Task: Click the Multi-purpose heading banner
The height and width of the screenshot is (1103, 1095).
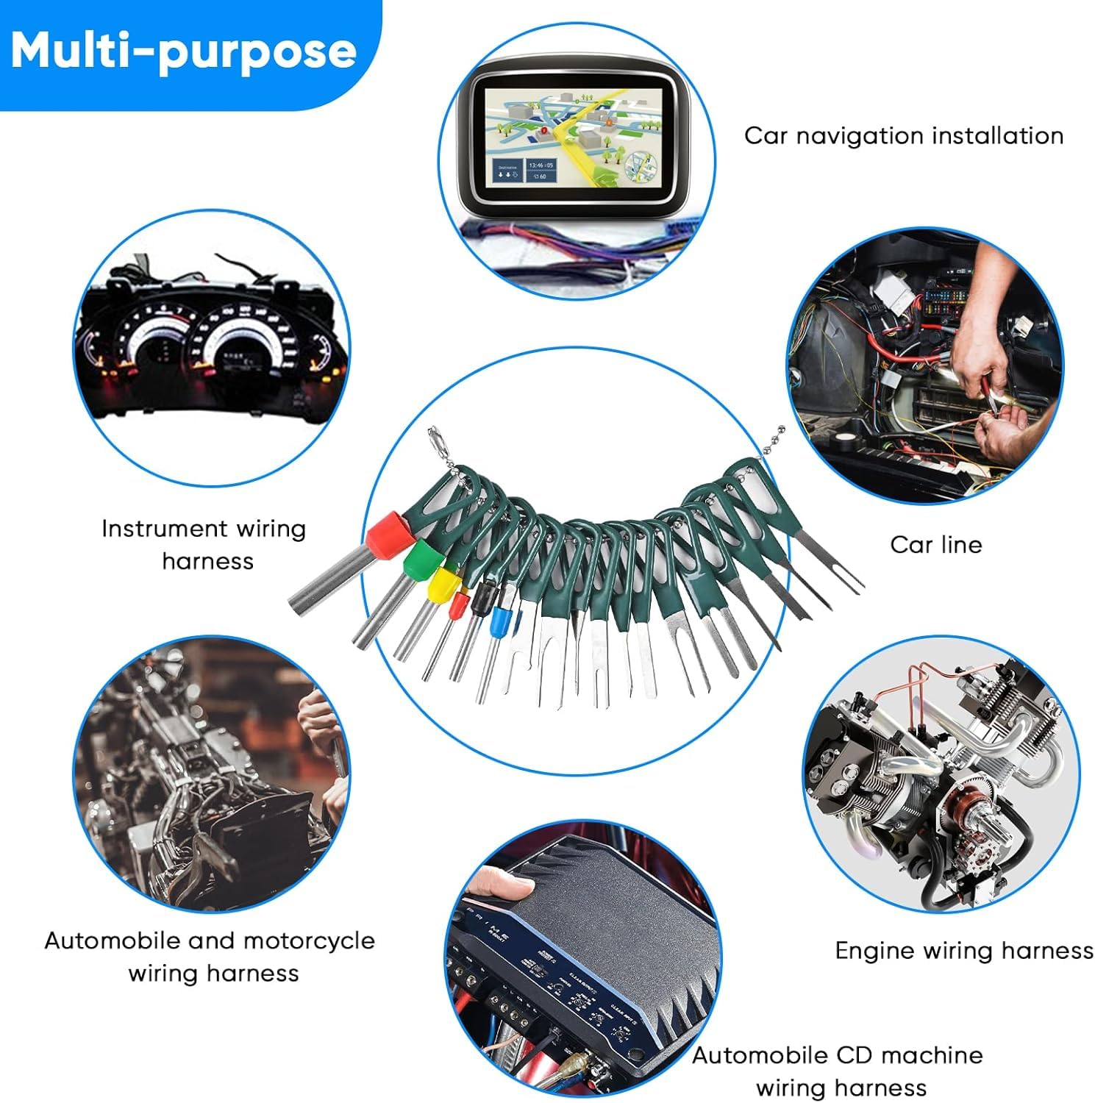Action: point(184,51)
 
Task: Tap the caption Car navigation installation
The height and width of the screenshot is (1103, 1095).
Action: point(903,136)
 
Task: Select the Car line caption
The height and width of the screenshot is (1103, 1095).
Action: point(935,545)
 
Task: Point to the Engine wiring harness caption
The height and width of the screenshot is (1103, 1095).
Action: point(963,951)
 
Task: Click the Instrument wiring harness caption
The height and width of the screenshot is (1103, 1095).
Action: point(204,545)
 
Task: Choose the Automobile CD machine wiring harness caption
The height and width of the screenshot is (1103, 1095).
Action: point(838,1071)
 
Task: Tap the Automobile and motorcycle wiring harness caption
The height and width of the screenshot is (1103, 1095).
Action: point(210,957)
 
